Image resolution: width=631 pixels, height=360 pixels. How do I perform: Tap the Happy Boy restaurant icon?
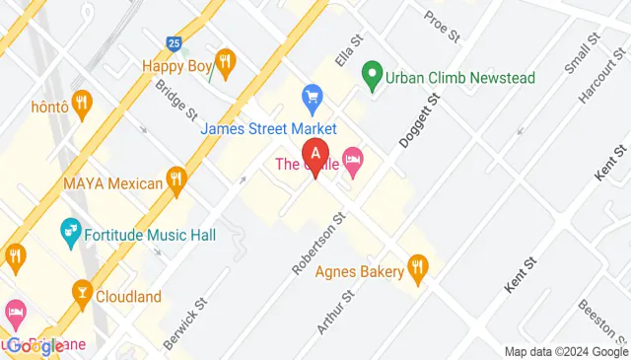226,64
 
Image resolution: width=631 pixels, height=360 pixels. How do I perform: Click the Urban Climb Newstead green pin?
372,73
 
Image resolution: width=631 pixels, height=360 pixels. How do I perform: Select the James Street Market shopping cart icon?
314,96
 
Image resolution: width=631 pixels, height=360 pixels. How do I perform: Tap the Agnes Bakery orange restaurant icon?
419,265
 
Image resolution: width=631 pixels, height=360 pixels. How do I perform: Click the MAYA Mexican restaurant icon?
177,179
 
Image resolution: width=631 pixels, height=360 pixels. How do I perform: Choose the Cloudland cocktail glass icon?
82,291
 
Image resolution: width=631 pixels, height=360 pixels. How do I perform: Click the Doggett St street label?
417,120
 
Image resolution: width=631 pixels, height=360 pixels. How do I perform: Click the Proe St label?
442,27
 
